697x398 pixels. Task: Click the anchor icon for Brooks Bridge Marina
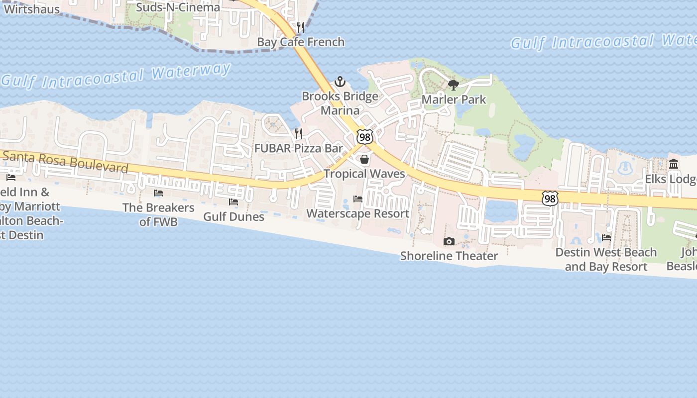coord(340,81)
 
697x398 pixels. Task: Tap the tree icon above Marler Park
coord(453,85)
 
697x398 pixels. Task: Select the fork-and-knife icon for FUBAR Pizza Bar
coord(299,133)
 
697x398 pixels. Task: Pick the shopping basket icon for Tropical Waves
coord(364,159)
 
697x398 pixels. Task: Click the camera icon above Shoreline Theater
coord(449,241)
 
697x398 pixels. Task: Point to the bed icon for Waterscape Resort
coord(358,199)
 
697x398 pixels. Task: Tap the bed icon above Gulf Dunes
coord(233,202)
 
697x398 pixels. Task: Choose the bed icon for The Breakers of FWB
coord(158,193)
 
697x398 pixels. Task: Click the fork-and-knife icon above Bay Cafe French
coord(301,27)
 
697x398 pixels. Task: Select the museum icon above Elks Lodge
coord(674,164)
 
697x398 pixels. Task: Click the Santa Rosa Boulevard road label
coord(65,161)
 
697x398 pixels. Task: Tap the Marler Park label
coord(454,99)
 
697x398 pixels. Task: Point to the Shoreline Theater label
coord(449,256)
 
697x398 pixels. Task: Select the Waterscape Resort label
coord(357,213)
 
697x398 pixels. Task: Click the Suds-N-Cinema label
coord(178,7)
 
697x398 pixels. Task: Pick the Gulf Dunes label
coord(233,216)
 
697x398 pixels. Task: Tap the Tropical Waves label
coord(364,174)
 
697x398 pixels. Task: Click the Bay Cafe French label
coord(301,42)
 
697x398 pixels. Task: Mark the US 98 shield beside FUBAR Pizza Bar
coord(365,137)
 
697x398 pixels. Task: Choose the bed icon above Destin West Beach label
coord(606,238)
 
